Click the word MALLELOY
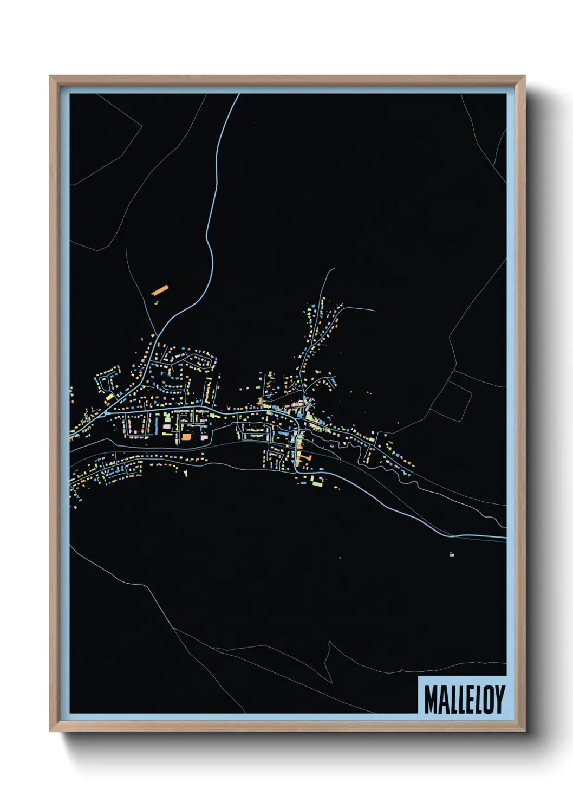coord(464,699)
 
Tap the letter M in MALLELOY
coord(431,699)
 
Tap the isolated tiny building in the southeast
coord(451,554)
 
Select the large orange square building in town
coord(186,436)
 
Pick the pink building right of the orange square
coord(204,436)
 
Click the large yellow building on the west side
coord(110,397)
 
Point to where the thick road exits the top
coord(239,95)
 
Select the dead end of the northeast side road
coord(375,311)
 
